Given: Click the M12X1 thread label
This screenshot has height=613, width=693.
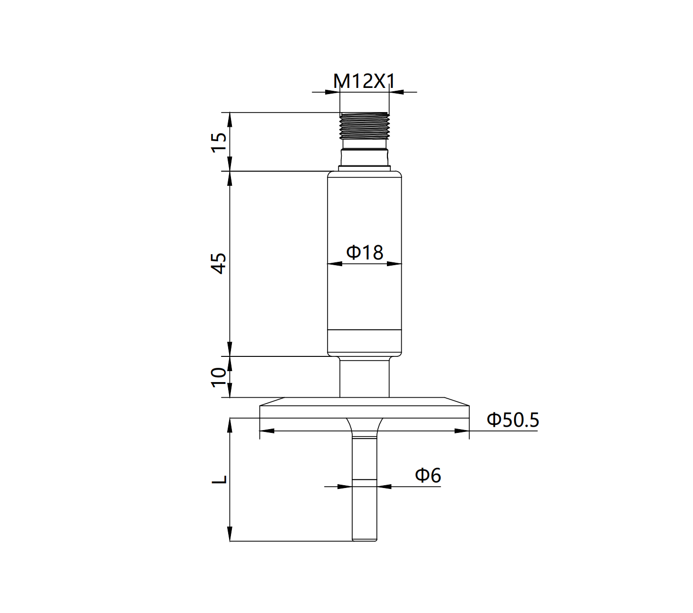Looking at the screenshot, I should [364, 81].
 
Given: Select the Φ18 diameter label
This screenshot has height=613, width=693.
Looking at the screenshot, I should [365, 252].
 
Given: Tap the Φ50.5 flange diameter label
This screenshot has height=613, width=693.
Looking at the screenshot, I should [512, 420].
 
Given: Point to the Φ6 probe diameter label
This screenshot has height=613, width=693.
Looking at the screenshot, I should [428, 475].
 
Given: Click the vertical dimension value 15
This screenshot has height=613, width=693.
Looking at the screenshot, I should [219, 142].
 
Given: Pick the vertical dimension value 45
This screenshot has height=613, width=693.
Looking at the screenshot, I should [219, 264].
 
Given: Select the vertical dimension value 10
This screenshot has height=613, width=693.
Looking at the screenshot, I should [219, 377].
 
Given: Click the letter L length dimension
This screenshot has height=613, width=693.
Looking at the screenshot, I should [219, 479].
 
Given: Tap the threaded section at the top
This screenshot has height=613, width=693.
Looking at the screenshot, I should [365, 125].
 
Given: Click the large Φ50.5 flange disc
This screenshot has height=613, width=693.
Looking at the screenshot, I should [365, 412].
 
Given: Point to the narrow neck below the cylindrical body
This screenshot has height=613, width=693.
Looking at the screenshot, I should [365, 378].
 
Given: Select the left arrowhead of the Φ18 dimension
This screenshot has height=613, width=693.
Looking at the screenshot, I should [335, 264].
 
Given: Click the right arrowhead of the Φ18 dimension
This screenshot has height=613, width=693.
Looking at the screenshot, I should [395, 264].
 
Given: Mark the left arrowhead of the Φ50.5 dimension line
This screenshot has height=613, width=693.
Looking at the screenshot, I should [267, 431].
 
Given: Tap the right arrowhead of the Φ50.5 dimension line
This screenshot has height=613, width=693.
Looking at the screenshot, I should [462, 431].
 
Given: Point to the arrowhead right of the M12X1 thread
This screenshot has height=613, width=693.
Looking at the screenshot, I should [396, 92].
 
